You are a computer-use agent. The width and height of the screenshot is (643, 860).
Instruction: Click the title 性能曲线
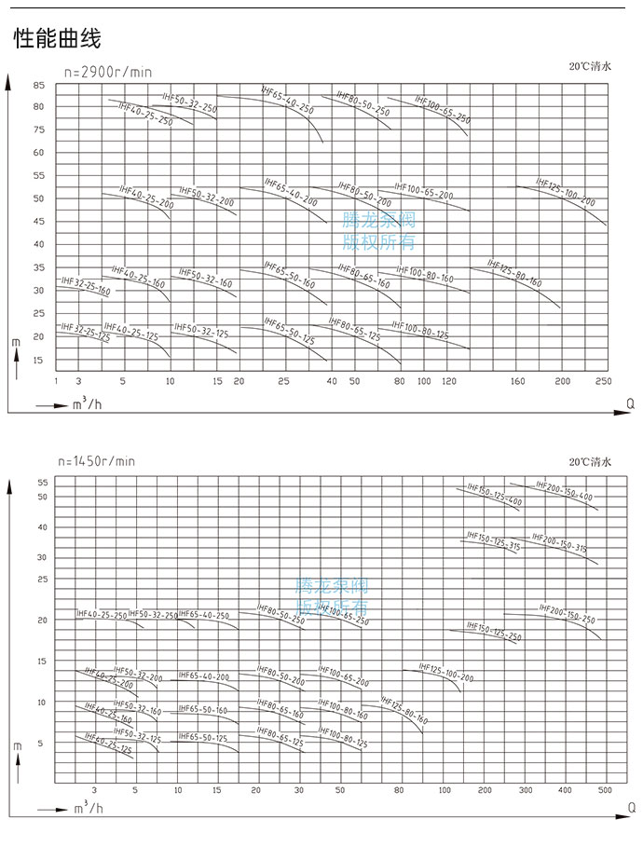(x=57, y=40)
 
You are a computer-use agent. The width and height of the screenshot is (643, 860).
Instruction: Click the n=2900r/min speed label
(x=107, y=73)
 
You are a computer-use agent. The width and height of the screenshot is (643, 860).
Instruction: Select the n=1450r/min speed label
(x=97, y=461)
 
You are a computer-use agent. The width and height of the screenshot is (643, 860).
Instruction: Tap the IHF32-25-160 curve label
(x=86, y=286)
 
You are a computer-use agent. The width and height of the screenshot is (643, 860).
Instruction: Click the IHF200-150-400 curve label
(x=564, y=490)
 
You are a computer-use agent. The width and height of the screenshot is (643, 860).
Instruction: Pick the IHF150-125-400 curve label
(x=495, y=495)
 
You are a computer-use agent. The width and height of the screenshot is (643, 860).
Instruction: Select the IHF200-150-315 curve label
(x=559, y=543)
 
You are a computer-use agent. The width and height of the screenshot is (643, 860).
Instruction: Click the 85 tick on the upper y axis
(x=39, y=85)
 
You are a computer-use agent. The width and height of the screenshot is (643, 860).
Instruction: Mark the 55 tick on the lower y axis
(x=42, y=482)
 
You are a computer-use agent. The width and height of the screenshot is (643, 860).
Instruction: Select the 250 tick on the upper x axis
(x=602, y=382)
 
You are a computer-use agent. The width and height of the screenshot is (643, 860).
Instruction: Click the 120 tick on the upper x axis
(x=449, y=382)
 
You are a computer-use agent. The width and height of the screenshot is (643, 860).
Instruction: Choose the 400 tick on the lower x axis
(x=565, y=790)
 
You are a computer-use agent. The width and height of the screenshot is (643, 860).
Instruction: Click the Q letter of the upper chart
(x=630, y=403)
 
